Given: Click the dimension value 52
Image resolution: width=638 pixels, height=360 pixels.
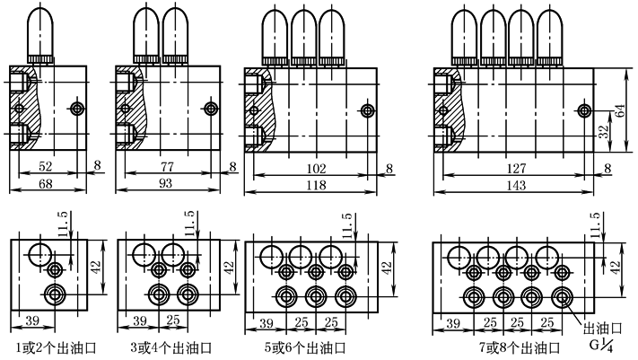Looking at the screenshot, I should click(x=46, y=167).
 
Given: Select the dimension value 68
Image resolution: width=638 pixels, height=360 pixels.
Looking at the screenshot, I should click(x=46, y=183).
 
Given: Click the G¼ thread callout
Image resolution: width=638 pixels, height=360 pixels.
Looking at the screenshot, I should click(x=599, y=343).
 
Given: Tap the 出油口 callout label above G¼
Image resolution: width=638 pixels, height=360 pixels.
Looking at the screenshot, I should click(x=601, y=328).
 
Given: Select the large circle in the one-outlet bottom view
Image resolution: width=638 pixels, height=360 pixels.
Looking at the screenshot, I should click(x=40, y=254).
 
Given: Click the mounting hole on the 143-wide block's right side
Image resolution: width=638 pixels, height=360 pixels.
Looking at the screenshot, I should click(x=584, y=110).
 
